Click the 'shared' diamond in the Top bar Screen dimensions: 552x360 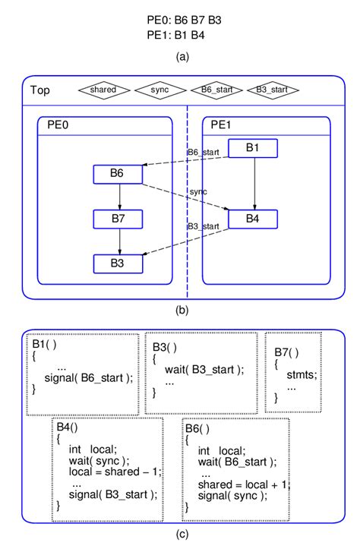(103, 90)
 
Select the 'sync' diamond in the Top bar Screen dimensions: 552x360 (159, 90)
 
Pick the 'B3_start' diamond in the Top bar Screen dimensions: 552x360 (273, 90)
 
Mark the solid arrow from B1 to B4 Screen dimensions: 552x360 (254, 184)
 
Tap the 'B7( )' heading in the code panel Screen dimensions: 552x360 (286, 352)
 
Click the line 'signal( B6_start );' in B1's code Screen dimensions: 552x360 (88, 378)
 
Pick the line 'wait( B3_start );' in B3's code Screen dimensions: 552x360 (204, 370)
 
